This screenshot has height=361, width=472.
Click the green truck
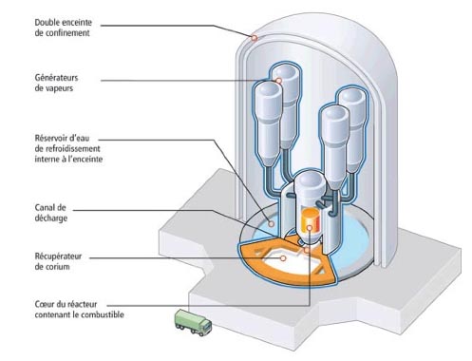[x=193, y=322]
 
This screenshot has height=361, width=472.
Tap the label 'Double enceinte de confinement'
[x=64, y=28]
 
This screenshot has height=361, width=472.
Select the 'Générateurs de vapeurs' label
[x=56, y=83]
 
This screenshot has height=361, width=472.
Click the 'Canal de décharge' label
[x=50, y=213]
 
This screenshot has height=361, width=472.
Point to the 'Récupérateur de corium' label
[x=58, y=261]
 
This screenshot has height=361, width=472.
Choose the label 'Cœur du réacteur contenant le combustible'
[x=79, y=310]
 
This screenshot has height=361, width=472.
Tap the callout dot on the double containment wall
[x=255, y=38]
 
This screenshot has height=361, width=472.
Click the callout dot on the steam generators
[x=278, y=81]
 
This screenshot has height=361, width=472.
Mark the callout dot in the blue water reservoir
[x=272, y=224]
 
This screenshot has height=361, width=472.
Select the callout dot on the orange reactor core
[x=310, y=227]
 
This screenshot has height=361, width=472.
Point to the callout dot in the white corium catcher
[x=283, y=258]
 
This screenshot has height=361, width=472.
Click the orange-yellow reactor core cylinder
[x=311, y=220]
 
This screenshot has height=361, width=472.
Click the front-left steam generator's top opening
[x=269, y=89]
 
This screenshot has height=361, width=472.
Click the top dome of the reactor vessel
[x=310, y=180]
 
